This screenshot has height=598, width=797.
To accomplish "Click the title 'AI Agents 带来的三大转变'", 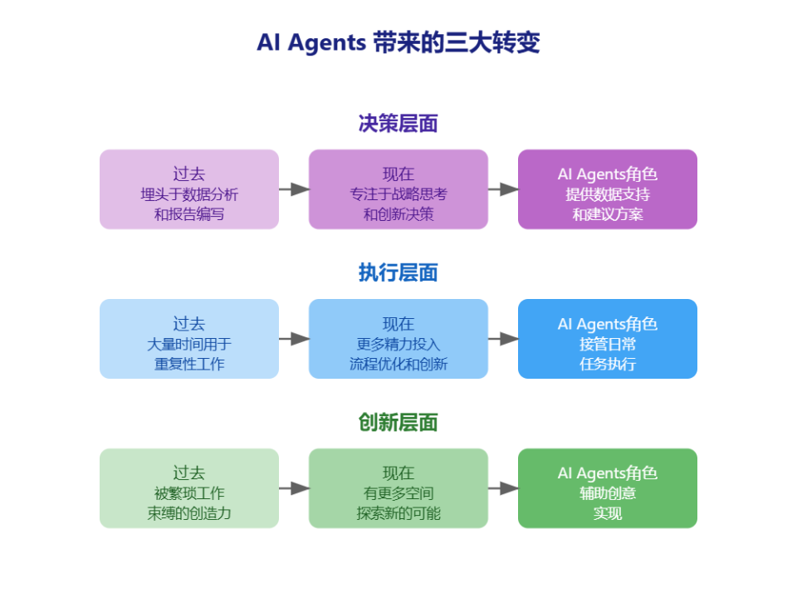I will click(x=398, y=42).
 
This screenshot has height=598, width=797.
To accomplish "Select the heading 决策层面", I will click(x=398, y=124).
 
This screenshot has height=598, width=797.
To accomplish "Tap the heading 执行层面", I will click(x=398, y=273).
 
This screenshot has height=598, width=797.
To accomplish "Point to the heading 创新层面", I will click(x=398, y=423).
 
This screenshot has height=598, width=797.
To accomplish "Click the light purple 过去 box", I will click(x=189, y=189).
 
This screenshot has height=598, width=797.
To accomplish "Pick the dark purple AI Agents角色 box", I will click(x=608, y=189).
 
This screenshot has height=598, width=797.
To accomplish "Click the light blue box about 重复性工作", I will click(x=189, y=339).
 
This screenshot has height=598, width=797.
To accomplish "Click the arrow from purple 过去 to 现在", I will click(x=294, y=189).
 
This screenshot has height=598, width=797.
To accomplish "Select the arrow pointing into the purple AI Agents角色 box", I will click(x=503, y=189).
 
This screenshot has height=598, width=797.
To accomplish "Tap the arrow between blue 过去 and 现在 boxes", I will click(x=294, y=339).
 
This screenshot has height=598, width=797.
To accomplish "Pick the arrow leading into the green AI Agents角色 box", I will click(x=503, y=488).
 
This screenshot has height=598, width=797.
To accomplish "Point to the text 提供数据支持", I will click(x=608, y=194).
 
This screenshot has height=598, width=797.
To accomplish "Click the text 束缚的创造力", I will click(x=189, y=513).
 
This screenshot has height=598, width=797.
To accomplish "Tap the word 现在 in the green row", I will click(x=398, y=473).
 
